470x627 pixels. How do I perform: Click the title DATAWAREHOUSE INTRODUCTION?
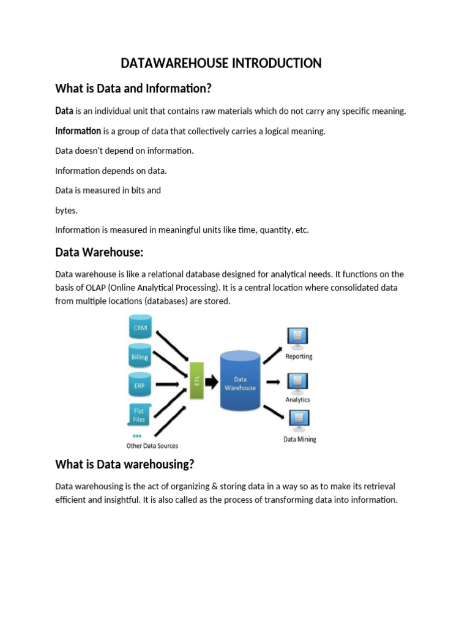click(221, 63)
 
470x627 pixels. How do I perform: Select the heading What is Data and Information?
click(133, 88)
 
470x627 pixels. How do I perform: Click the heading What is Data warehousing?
click(124, 464)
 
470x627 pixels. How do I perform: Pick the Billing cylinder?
click(140, 355)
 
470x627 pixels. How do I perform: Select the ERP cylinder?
click(140, 385)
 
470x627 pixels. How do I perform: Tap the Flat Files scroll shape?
click(140, 415)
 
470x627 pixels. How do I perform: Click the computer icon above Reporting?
click(298, 337)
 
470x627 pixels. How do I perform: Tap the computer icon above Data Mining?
click(299, 419)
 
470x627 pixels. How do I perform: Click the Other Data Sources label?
click(152, 446)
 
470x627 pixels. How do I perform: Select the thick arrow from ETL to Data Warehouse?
click(211, 382)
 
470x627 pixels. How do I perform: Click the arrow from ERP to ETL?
click(172, 385)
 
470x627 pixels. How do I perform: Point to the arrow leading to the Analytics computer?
click(274, 382)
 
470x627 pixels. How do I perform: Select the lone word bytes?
click(66, 210)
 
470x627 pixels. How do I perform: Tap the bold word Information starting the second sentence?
click(78, 130)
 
